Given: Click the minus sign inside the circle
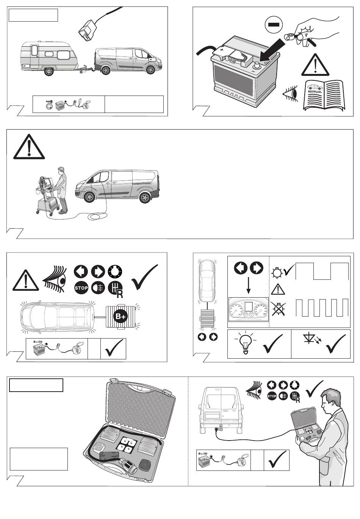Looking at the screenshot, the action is [x=274, y=24].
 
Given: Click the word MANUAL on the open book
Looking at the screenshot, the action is [x=315, y=91].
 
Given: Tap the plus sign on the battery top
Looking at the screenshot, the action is [x=222, y=49].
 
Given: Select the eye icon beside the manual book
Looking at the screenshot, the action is [x=290, y=94].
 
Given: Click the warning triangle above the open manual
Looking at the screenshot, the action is [x=315, y=65].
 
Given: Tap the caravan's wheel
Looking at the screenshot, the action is [x=49, y=71].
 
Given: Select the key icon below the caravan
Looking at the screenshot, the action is [x=49, y=102].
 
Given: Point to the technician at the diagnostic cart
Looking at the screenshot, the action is [x=61, y=190].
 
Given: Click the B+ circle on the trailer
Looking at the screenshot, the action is [x=121, y=316].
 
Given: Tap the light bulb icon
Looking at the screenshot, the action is [x=245, y=343].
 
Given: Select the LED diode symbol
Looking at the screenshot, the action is [x=312, y=340].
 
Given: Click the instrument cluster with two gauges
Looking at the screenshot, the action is [x=248, y=309].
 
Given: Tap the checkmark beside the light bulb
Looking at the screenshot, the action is [x=273, y=344].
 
